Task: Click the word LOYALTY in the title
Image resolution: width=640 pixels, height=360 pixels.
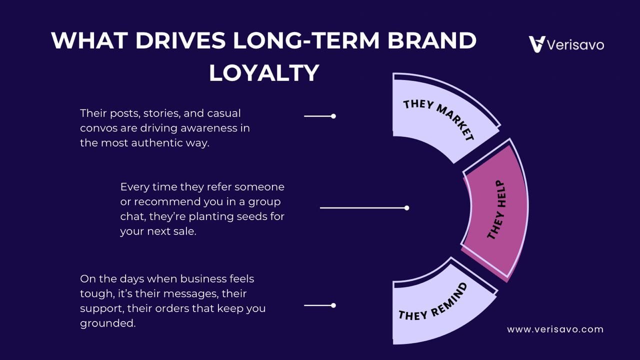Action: (x=264, y=73)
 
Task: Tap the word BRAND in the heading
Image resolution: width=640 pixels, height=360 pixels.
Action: (x=432, y=40)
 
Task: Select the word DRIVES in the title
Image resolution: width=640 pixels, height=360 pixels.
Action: (x=180, y=40)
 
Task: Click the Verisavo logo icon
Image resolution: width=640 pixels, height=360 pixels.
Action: (x=537, y=44)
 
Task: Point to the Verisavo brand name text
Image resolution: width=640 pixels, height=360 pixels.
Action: (x=575, y=45)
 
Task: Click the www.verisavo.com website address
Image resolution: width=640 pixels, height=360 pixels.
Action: (x=555, y=329)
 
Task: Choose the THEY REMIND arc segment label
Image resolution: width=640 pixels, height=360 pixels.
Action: (x=433, y=305)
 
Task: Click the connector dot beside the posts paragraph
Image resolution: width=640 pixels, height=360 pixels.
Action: (x=333, y=116)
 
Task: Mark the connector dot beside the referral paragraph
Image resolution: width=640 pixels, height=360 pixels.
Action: (x=407, y=208)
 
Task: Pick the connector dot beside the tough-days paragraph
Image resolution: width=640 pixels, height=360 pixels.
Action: (x=333, y=305)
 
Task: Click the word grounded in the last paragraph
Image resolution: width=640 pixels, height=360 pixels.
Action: (x=107, y=323)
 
